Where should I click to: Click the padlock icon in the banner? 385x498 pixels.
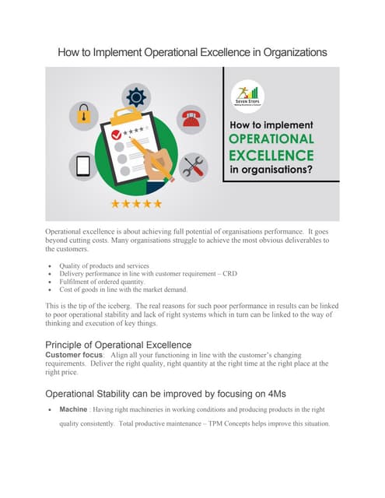83,116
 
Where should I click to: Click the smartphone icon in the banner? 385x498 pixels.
84,166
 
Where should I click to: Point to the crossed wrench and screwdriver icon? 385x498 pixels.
191,167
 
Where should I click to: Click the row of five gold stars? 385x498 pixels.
136,204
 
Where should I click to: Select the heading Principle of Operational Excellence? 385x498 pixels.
118,344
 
